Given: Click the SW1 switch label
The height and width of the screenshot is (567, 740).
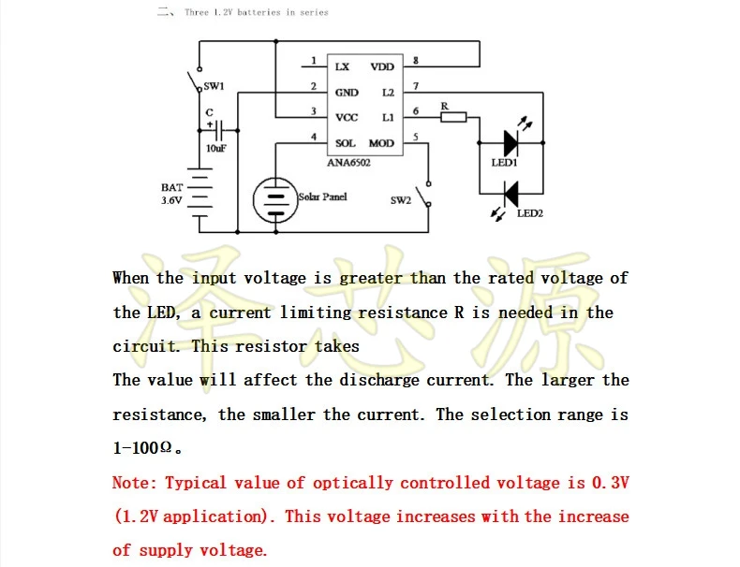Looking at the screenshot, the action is click(x=214, y=86).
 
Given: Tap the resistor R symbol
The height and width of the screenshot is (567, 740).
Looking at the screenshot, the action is click(x=453, y=117).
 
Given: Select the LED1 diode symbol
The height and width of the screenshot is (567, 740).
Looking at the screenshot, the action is click(x=511, y=143).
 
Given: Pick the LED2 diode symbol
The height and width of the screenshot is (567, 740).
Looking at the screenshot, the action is click(x=511, y=194).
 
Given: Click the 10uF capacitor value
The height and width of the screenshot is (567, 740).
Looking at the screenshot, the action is click(x=215, y=149).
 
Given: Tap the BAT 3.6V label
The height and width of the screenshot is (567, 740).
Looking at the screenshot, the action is click(x=171, y=194).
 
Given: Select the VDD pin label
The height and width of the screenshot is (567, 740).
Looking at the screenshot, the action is click(x=382, y=67).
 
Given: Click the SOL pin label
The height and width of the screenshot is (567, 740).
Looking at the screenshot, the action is click(x=346, y=143).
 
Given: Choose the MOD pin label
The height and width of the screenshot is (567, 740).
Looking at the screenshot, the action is click(x=381, y=143).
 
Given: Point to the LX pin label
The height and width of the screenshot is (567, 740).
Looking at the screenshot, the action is click(x=342, y=67).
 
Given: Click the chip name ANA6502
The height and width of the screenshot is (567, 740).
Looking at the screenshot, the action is click(x=348, y=163).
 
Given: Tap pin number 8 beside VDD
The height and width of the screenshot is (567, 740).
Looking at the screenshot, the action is click(x=415, y=60).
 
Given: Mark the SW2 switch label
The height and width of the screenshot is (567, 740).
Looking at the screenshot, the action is click(x=401, y=200).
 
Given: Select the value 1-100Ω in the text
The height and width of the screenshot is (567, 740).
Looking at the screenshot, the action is click(x=142, y=448).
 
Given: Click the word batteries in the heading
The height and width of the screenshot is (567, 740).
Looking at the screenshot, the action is click(x=259, y=12).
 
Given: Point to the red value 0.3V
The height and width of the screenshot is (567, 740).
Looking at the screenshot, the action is click(x=611, y=483).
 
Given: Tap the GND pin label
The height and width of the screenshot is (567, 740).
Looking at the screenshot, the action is click(x=347, y=93).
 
